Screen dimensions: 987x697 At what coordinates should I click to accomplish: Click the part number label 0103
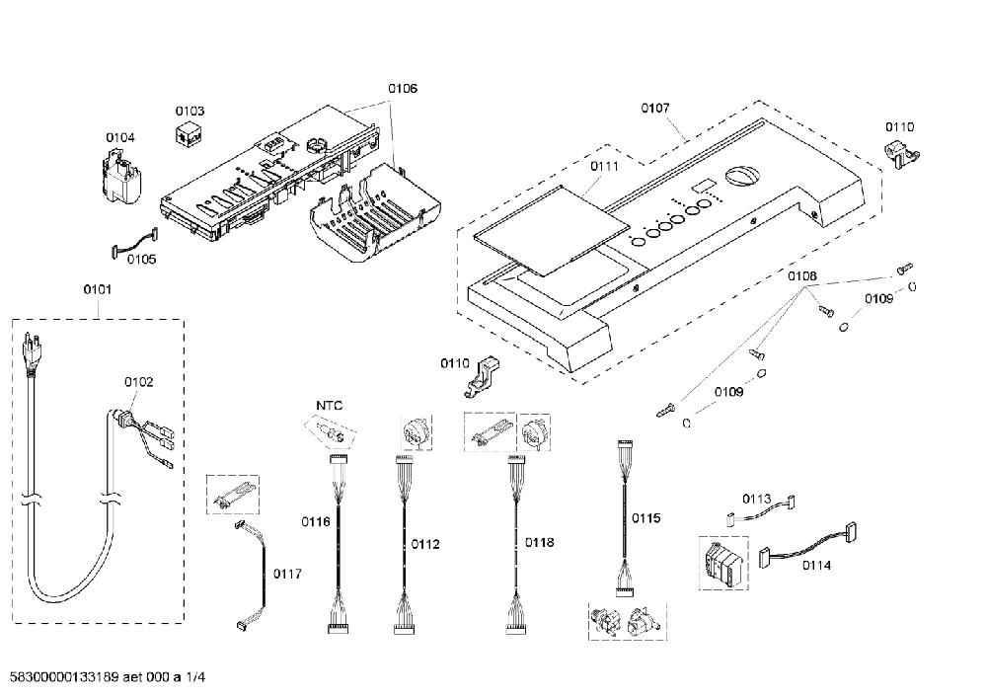[190, 112]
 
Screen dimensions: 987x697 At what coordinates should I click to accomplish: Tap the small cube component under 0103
[189, 134]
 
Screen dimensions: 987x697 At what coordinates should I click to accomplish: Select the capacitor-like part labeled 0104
[121, 180]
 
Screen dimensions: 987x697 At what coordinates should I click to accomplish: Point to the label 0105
[141, 260]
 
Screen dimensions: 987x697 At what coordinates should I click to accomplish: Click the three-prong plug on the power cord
[31, 350]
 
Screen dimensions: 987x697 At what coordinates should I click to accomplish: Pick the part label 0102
[138, 382]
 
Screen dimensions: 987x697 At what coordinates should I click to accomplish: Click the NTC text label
[330, 406]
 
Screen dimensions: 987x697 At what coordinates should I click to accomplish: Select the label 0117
[287, 574]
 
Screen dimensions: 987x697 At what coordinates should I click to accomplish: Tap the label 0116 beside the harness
[316, 522]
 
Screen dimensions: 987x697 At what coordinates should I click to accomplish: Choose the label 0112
[424, 544]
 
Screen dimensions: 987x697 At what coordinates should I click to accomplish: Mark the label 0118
[540, 542]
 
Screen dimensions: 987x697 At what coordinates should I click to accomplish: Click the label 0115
[645, 518]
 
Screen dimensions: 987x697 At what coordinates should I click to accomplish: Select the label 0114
[816, 566]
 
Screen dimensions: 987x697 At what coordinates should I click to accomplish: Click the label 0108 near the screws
[801, 275]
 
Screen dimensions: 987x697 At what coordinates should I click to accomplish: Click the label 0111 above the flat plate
[604, 166]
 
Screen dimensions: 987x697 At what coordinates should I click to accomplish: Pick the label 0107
[655, 109]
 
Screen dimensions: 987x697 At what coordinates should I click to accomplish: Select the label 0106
[403, 89]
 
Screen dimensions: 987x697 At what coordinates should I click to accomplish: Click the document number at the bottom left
[109, 677]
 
